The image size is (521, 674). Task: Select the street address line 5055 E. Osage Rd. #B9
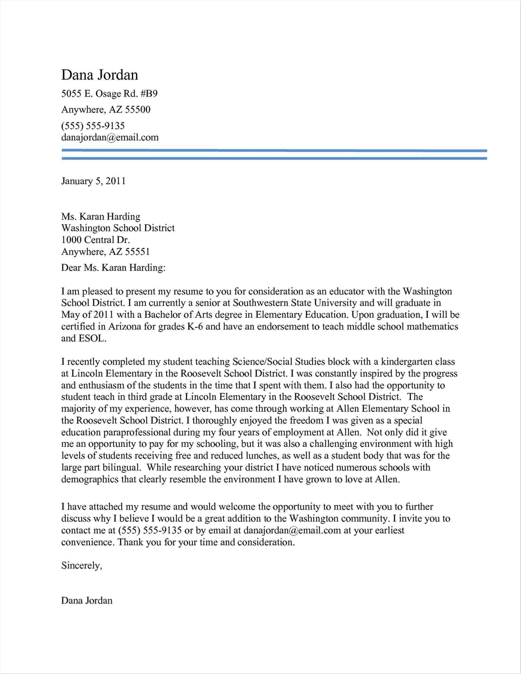point(109,94)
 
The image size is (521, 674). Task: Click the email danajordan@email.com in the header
point(110,137)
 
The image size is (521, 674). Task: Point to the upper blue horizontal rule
point(274,151)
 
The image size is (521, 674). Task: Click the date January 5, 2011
point(93,181)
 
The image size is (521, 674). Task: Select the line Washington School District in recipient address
point(118,228)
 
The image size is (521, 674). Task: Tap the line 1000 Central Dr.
point(95,240)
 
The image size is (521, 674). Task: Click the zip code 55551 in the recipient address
point(137,252)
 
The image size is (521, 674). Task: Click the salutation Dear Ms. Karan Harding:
point(113,267)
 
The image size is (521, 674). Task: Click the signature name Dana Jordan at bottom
point(87,600)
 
